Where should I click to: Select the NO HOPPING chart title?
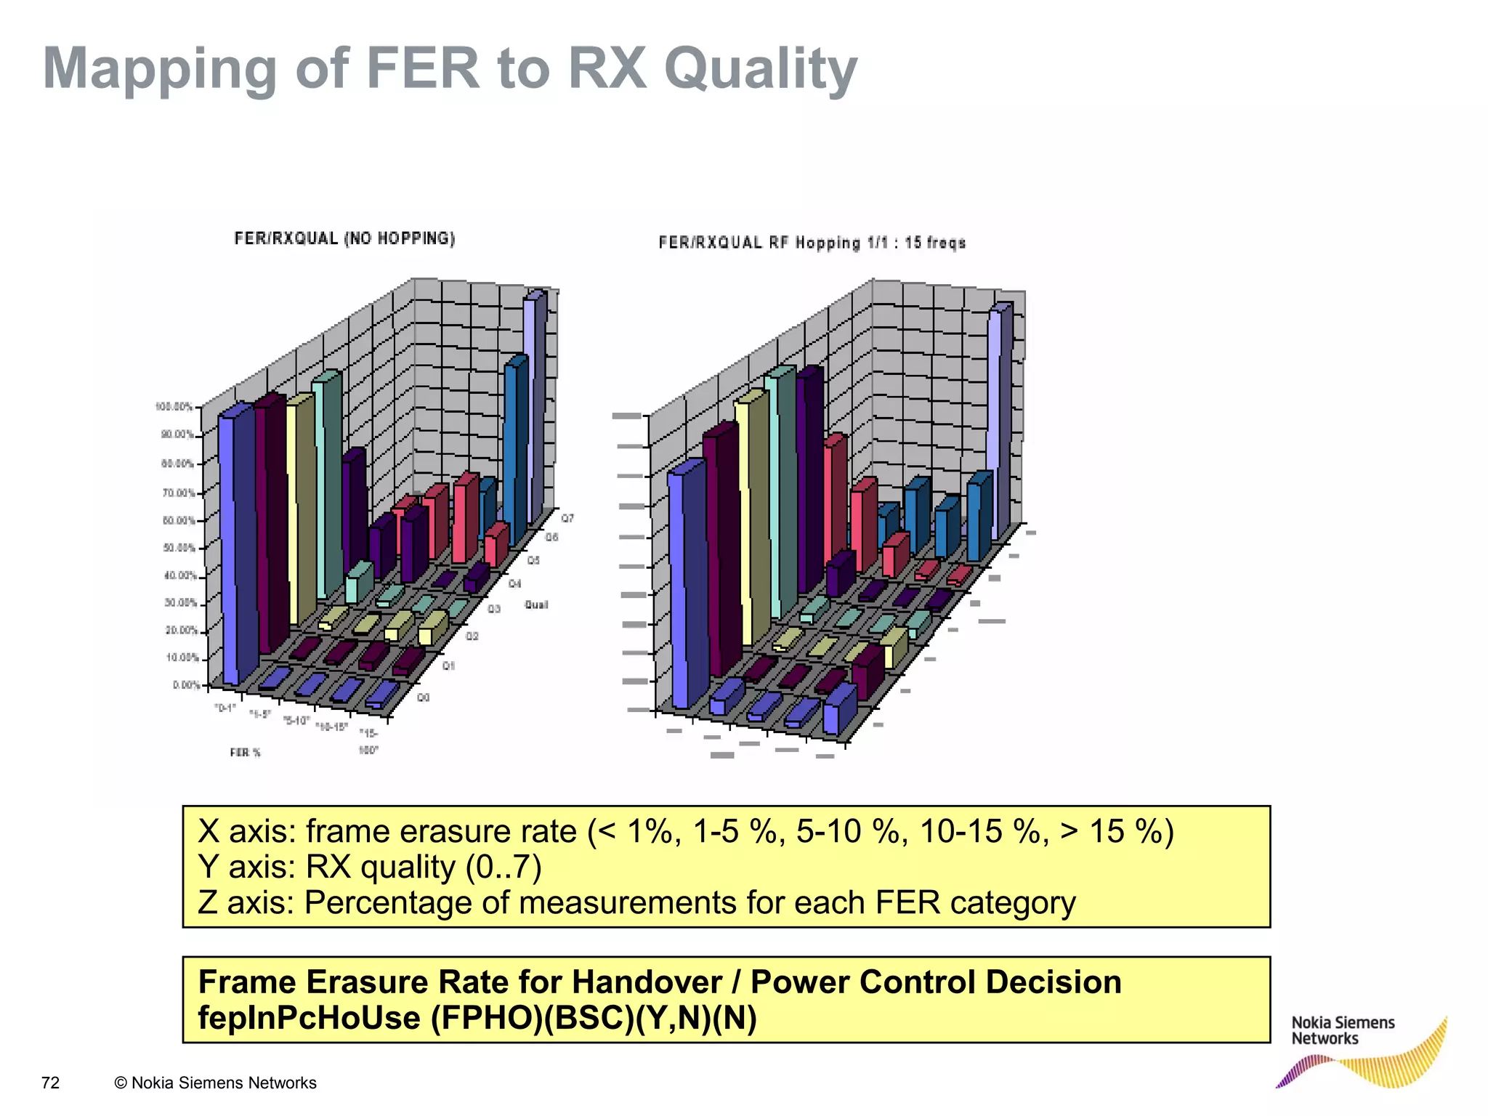(x=344, y=238)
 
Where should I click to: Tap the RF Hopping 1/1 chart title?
(x=812, y=243)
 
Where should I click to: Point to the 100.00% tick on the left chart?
(x=174, y=407)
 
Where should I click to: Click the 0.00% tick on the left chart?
(x=187, y=685)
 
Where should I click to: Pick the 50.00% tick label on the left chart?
(x=179, y=548)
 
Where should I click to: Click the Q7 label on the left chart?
(x=567, y=519)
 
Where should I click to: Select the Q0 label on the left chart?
(x=424, y=697)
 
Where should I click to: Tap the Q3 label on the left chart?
(x=494, y=609)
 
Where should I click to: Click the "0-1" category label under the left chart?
(x=225, y=708)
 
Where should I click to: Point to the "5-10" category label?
(x=296, y=721)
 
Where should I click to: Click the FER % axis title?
(x=245, y=753)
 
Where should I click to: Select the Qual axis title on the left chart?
(x=536, y=604)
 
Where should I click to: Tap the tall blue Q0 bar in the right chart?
(x=687, y=581)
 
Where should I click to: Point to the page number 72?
(x=50, y=1083)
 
